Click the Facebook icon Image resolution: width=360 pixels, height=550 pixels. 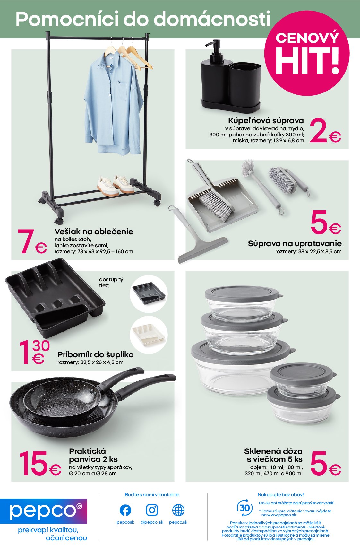(x=125, y=511)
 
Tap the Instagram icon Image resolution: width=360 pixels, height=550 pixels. (x=152, y=510)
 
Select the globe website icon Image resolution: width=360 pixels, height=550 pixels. (x=178, y=511)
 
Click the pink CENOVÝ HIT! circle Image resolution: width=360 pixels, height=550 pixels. (x=307, y=53)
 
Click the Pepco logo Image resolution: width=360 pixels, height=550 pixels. (x=44, y=511)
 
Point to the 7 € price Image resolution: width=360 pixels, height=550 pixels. (x=32, y=241)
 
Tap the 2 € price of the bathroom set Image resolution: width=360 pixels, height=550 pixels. (x=325, y=130)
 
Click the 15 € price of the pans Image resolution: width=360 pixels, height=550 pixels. (x=40, y=463)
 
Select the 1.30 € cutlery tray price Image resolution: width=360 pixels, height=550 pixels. (x=34, y=352)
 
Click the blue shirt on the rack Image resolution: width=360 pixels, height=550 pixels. (x=113, y=104)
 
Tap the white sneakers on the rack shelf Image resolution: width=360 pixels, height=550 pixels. (x=115, y=185)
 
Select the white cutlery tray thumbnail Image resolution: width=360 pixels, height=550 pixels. (x=149, y=335)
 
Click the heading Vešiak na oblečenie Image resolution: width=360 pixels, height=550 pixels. (x=94, y=231)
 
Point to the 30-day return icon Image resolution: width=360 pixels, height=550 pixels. (x=245, y=508)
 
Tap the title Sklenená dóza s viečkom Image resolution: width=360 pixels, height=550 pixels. (x=273, y=455)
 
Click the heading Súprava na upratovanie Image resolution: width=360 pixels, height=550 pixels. (x=295, y=244)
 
